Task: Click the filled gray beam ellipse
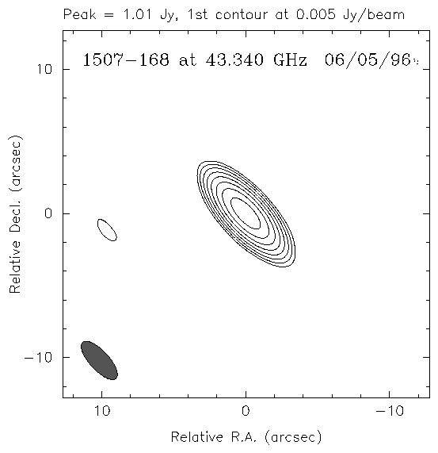point(99,360)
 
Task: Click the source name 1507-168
point(126,60)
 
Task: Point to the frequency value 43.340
point(234,60)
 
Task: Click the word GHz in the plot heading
point(290,60)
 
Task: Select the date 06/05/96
point(368,60)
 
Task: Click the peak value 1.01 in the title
point(137,14)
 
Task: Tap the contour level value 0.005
point(316,14)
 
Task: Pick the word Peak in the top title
point(79,14)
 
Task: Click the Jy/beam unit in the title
point(374,15)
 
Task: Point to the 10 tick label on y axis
point(44,69)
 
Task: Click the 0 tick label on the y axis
point(48,213)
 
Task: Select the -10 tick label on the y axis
point(38,357)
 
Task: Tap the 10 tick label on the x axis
point(102,411)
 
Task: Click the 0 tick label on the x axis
point(246,411)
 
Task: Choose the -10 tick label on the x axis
point(390,411)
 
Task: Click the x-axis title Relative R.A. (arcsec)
point(246,437)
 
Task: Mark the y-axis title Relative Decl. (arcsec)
point(16,214)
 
